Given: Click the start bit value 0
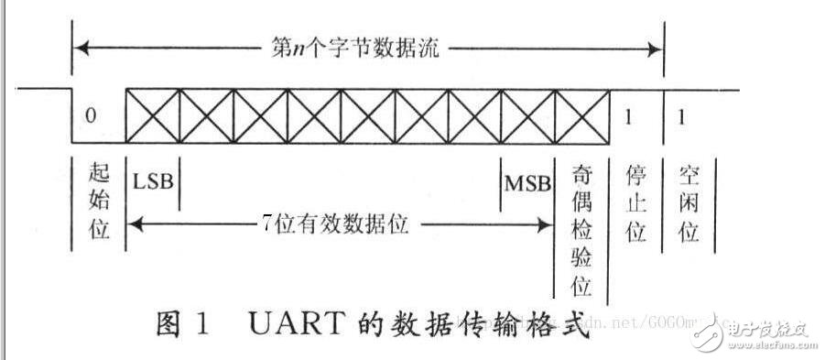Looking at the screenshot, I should click(x=89, y=115).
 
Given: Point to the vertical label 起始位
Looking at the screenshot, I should click(x=100, y=202).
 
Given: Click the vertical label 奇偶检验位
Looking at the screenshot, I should click(x=582, y=230).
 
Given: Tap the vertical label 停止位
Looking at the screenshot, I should click(x=635, y=202).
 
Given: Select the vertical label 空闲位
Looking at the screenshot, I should click(x=689, y=202).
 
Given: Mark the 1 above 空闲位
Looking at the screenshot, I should click(x=679, y=116).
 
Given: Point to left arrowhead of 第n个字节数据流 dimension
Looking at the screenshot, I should click(x=77, y=47).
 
